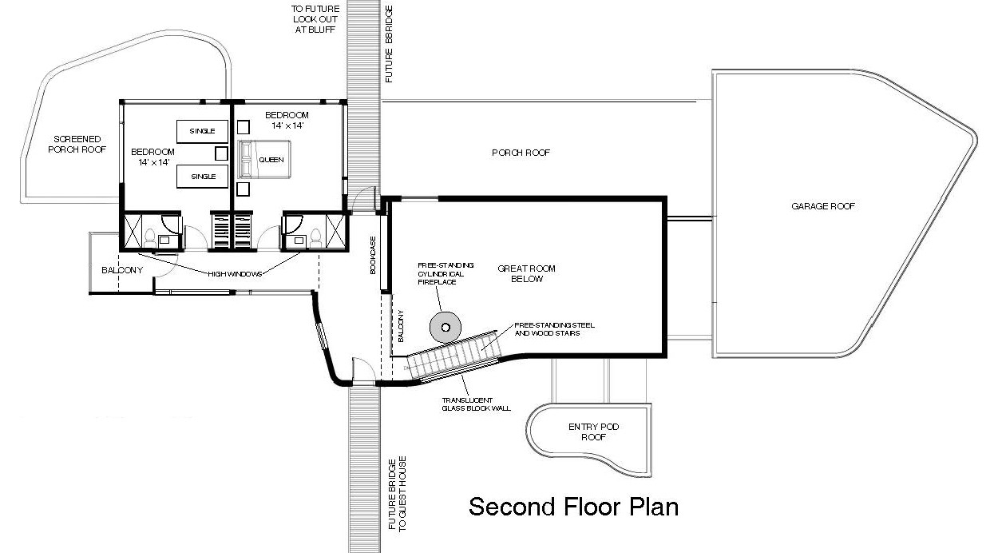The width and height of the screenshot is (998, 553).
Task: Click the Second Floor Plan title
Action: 573,507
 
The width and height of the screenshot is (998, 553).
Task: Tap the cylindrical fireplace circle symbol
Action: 445,326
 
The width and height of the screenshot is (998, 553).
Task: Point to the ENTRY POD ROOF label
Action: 593,432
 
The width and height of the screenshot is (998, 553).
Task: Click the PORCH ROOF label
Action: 521,153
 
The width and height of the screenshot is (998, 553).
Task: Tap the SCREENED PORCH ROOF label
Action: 72,144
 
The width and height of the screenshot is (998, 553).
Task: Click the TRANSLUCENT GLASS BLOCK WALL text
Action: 476,404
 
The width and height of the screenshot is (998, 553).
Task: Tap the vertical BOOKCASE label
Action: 372,256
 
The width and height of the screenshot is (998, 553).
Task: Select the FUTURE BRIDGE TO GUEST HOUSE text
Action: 397,494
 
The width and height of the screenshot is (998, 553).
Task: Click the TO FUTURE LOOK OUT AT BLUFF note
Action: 313,19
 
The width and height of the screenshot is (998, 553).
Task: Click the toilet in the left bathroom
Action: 149,236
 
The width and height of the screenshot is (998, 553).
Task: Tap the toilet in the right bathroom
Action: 316,236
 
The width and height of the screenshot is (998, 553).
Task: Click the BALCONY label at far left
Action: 121,270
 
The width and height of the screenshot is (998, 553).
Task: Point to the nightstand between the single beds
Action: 221,153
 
